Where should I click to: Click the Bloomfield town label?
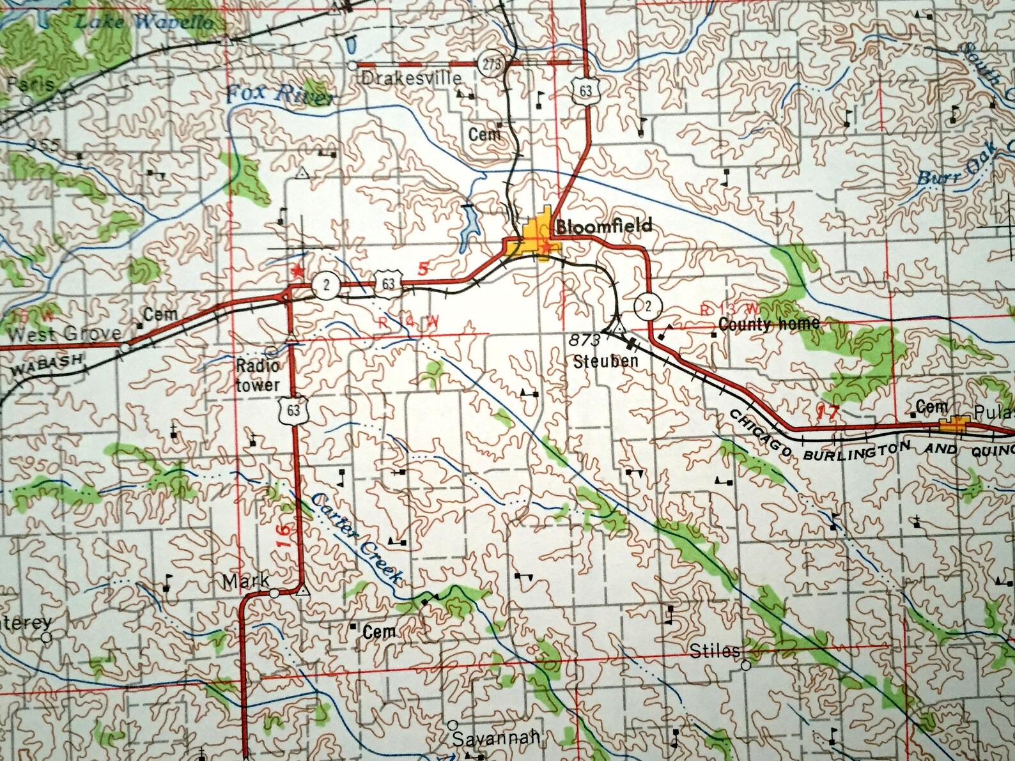coord(603,226)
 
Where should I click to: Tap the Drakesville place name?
coord(411,79)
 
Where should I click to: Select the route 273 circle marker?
coord(491,65)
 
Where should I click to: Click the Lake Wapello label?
coord(144,21)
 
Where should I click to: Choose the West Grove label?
coord(65,333)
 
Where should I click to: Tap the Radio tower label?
coord(258,375)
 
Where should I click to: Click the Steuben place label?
coord(605,362)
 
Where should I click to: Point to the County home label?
coord(768,324)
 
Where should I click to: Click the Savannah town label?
coord(496,739)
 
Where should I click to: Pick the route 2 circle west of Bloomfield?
coord(326,285)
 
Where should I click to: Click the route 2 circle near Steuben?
coord(647,306)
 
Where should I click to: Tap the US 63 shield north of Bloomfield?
coord(585,91)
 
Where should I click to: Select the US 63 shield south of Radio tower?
coord(293,410)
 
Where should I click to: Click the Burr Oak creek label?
coord(957,164)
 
